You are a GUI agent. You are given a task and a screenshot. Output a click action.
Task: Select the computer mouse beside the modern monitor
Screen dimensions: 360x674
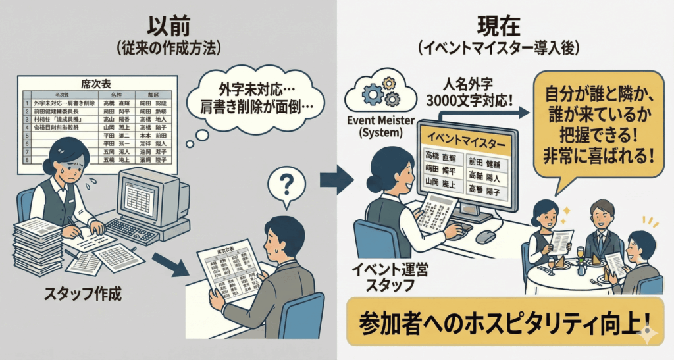485,236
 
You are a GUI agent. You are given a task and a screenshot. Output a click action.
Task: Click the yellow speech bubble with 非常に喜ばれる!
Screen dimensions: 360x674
597,125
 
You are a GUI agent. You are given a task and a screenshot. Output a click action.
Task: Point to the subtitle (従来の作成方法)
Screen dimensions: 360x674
169,48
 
